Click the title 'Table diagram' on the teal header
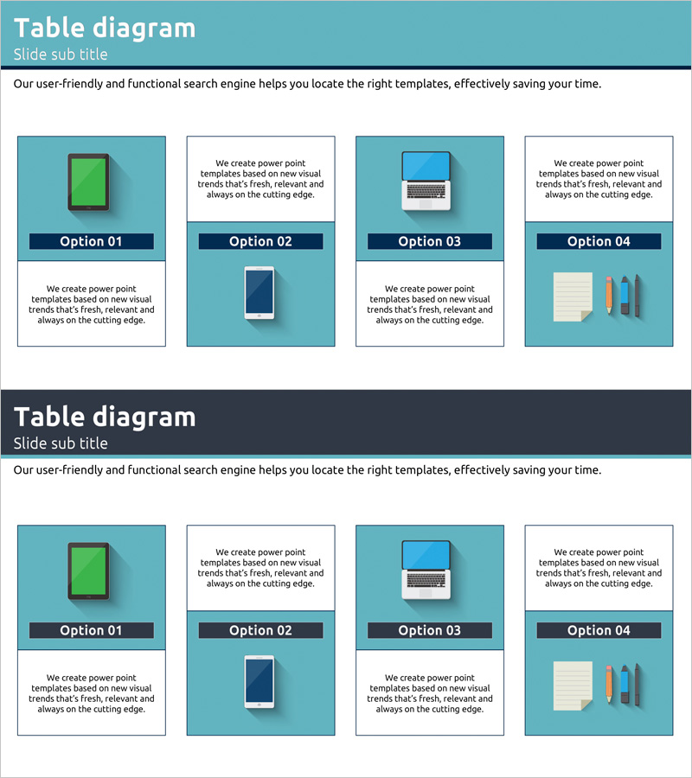(105, 29)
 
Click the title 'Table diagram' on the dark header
(105, 418)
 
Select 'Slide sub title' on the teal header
(61, 54)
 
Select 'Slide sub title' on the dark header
(61, 443)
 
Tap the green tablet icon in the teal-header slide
(88, 182)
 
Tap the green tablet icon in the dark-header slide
(88, 571)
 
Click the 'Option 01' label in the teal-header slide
(92, 242)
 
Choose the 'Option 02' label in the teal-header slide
(260, 242)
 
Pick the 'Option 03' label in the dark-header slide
(430, 631)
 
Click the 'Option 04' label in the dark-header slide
(599, 631)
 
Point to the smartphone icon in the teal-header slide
(259, 293)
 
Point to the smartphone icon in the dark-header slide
(259, 682)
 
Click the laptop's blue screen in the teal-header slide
(426, 166)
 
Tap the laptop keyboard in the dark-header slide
(426, 579)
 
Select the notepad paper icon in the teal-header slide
(573, 297)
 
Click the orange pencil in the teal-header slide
(609, 296)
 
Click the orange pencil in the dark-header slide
(609, 685)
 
